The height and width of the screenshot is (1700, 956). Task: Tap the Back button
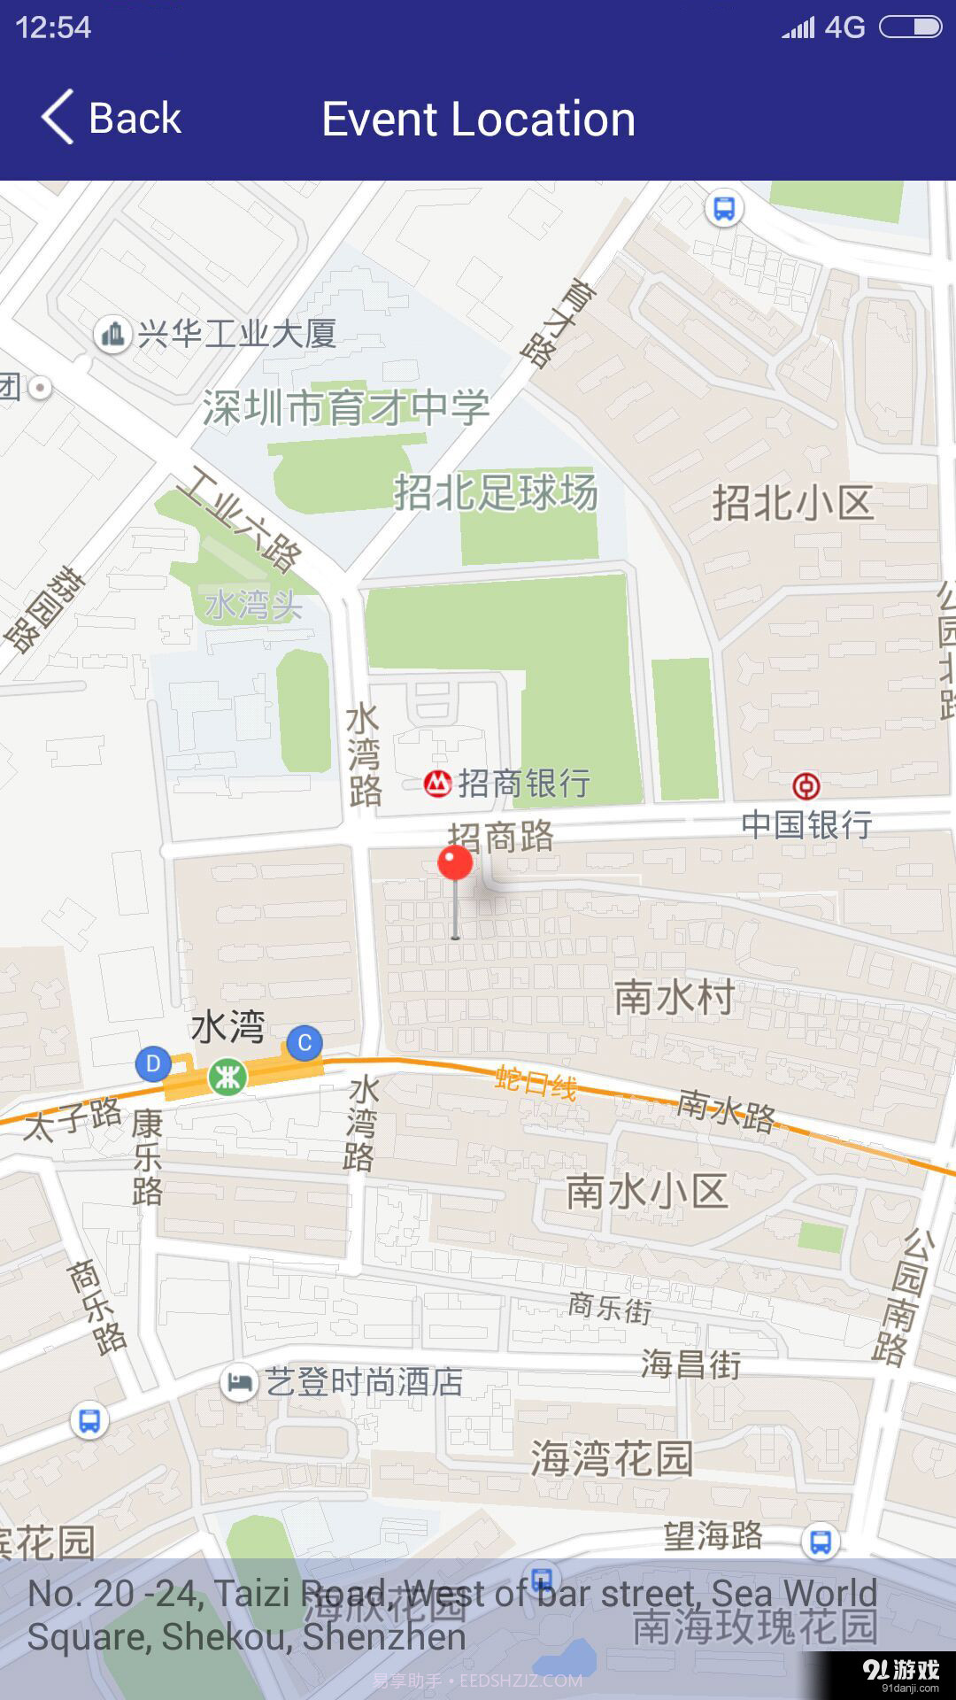click(x=112, y=118)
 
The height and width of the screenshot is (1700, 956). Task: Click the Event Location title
click(x=478, y=119)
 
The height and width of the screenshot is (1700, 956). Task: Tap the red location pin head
click(x=456, y=862)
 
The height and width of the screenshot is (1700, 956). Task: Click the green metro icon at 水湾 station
click(x=227, y=1077)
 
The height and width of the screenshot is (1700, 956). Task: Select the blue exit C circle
click(x=305, y=1042)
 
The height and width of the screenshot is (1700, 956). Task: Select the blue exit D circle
click(x=152, y=1063)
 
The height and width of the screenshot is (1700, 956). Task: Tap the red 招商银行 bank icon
click(x=437, y=784)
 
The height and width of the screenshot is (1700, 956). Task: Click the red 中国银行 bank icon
click(x=806, y=785)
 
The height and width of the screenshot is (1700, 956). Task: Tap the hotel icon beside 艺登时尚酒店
click(x=238, y=1382)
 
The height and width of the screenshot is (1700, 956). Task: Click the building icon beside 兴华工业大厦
click(x=112, y=335)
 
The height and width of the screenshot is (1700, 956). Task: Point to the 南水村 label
click(x=675, y=997)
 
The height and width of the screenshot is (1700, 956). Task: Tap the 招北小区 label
click(x=793, y=503)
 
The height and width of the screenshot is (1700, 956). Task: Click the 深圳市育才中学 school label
click(x=345, y=408)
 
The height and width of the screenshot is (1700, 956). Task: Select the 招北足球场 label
click(x=496, y=492)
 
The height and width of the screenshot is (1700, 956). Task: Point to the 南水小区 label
click(x=647, y=1192)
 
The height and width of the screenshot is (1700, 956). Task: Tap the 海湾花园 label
click(x=612, y=1458)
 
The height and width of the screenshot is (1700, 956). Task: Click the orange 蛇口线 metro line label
click(x=536, y=1082)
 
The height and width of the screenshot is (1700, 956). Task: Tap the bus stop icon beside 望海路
click(x=821, y=1542)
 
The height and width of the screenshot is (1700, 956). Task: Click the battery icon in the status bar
click(x=910, y=27)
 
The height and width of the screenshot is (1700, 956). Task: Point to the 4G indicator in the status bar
click(x=844, y=27)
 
